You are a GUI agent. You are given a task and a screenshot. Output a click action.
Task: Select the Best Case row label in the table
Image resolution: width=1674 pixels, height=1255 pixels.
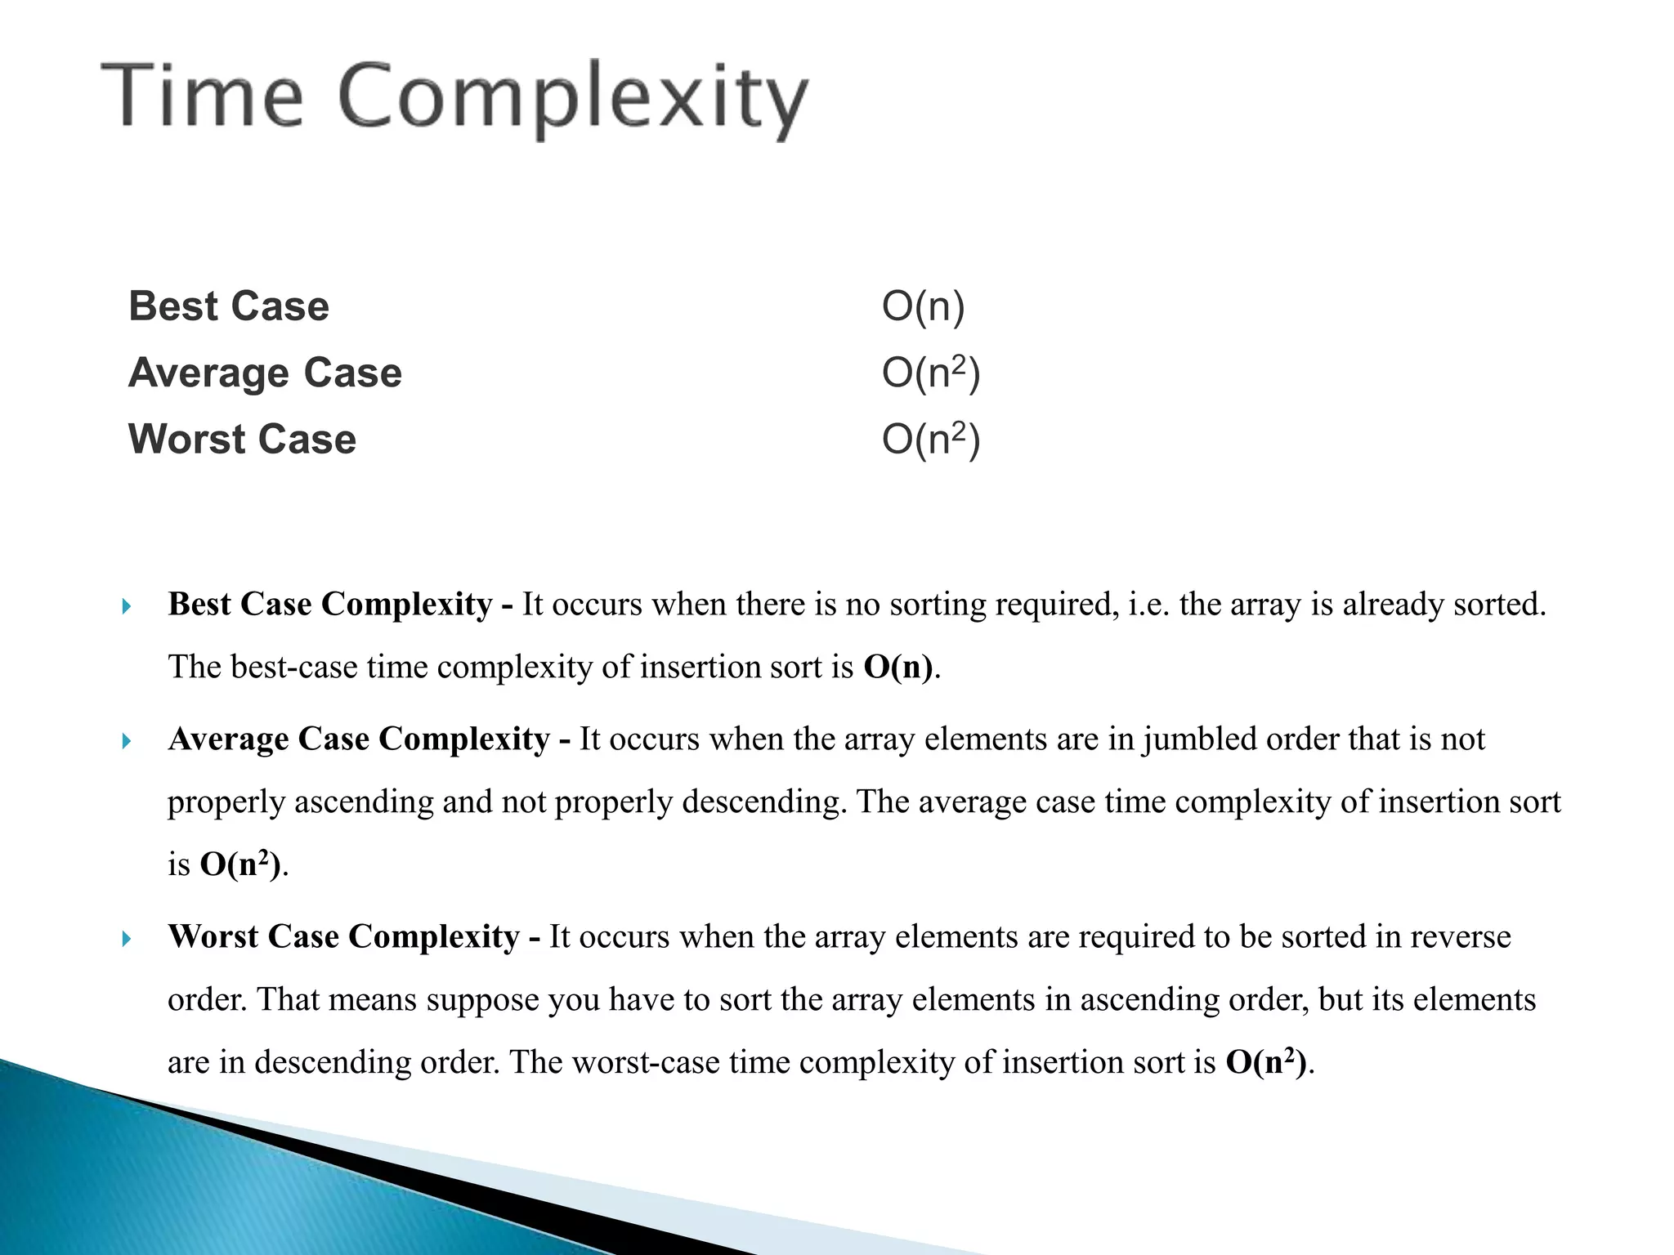tap(229, 306)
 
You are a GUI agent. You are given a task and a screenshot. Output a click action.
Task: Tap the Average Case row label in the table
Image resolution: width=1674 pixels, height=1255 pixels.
tap(265, 373)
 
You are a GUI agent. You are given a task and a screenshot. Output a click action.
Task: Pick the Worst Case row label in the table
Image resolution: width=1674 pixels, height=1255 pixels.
tap(242, 440)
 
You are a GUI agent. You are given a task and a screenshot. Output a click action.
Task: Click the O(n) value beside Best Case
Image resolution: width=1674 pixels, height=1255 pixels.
tap(923, 306)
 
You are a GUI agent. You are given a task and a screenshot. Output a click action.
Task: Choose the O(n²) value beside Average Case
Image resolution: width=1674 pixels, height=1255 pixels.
tap(930, 373)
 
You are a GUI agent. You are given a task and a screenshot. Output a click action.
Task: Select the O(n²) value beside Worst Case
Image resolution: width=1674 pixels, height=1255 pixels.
tap(930, 440)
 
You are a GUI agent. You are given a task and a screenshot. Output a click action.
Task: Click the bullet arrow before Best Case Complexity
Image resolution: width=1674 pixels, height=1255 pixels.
tap(126, 606)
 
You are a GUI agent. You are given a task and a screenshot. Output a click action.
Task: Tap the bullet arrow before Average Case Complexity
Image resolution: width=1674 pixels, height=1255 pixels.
tap(126, 741)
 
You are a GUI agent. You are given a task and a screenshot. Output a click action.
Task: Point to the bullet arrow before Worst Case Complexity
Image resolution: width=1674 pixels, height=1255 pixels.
tap(126, 939)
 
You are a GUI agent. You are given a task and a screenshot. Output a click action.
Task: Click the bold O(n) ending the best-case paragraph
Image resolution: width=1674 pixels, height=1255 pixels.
tap(898, 668)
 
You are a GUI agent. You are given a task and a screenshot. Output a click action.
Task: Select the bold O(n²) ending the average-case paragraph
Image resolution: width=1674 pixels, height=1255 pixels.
tap(241, 864)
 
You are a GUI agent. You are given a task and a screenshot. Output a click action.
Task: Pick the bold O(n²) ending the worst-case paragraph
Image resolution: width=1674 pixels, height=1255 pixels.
tap(1267, 1062)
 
